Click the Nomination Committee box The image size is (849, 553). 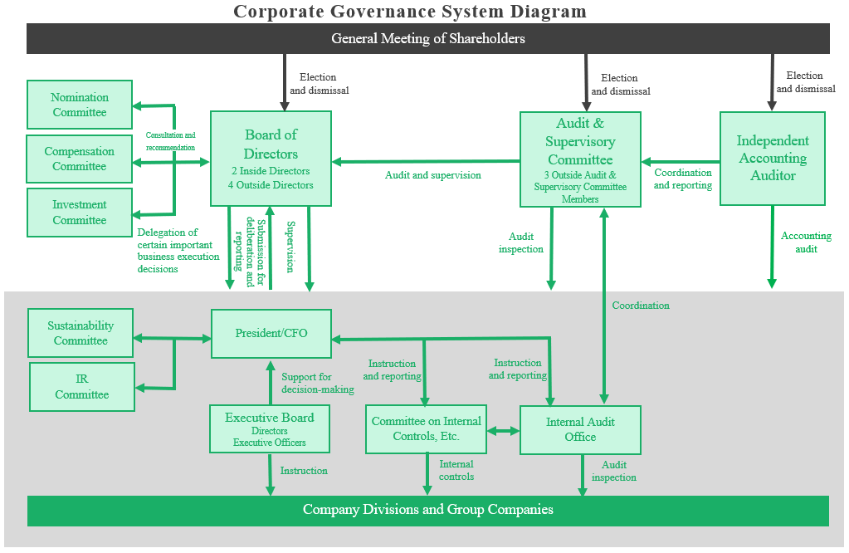[80, 105]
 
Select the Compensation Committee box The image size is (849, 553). [80, 159]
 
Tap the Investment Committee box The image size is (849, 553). [80, 212]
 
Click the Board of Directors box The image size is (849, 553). [271, 158]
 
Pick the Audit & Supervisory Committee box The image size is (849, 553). [580, 159]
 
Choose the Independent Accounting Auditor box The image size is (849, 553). [772, 158]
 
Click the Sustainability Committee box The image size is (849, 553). [81, 333]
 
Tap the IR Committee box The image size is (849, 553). [82, 386]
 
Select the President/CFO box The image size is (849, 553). [271, 333]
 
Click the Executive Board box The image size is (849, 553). [271, 428]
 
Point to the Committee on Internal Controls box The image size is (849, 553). [427, 428]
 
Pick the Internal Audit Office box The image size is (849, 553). [580, 429]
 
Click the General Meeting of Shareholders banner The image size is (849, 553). [428, 38]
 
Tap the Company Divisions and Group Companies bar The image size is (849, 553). [428, 510]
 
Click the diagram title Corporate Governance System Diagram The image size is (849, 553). [410, 11]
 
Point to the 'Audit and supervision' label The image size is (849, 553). [433, 175]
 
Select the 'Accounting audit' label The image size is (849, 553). [800, 242]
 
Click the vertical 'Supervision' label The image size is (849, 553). [290, 246]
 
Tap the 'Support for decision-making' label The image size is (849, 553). [317, 383]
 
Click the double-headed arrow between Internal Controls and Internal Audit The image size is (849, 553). [504, 431]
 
